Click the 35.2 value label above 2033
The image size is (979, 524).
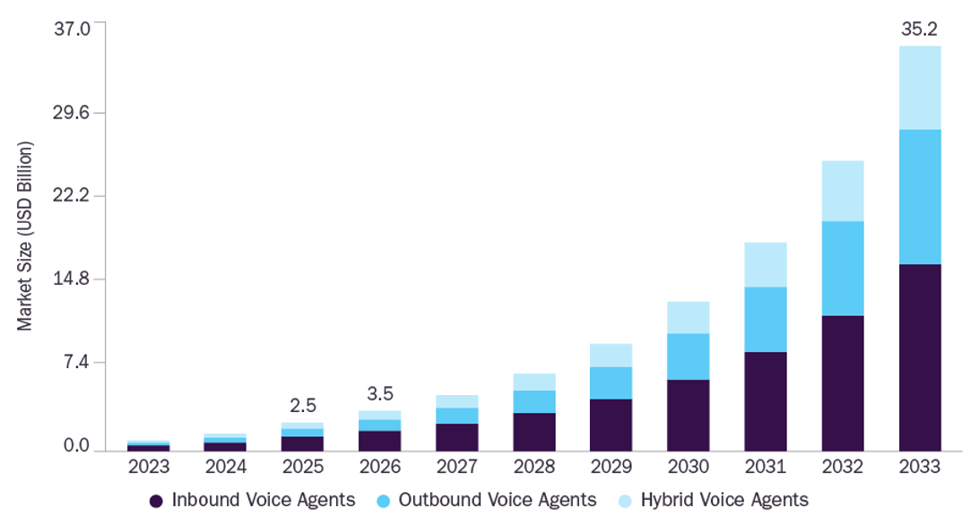click(919, 30)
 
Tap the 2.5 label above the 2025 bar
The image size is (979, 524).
click(303, 406)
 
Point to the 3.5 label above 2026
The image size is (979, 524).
click(380, 393)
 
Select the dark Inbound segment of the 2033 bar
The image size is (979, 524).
click(920, 357)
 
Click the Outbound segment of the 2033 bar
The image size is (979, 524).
click(920, 197)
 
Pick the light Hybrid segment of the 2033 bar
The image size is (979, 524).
click(920, 88)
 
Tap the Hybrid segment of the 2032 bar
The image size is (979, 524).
click(843, 191)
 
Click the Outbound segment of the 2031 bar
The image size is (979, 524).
click(766, 320)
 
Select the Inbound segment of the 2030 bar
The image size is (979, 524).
click(688, 416)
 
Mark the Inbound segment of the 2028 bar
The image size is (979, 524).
click(534, 432)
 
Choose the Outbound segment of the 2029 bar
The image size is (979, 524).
click(611, 383)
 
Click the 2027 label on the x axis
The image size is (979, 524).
click(457, 467)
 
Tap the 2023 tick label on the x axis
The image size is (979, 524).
click(149, 467)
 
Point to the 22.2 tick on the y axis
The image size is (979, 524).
click(71, 195)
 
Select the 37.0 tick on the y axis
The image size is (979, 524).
click(72, 29)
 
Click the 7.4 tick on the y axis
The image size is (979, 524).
click(76, 362)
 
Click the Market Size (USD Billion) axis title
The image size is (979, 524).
click(24, 236)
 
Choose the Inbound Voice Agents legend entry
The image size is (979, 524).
click(252, 501)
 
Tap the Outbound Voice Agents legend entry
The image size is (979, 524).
click(487, 501)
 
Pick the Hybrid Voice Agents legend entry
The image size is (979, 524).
click(713, 501)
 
